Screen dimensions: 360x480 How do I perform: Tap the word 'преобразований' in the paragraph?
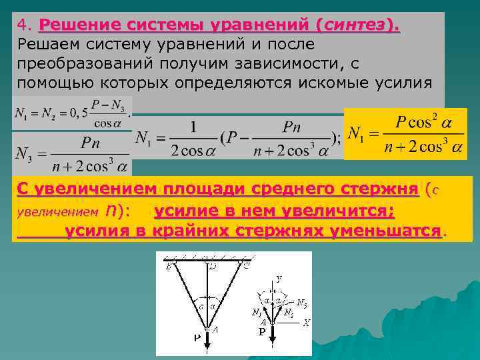coord(87,63)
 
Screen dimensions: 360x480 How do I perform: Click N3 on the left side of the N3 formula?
coord(26,152)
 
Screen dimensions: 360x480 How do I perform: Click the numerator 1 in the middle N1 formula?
coord(192,126)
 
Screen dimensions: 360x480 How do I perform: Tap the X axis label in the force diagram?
coord(307,322)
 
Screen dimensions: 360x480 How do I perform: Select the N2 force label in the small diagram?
coord(288,312)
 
